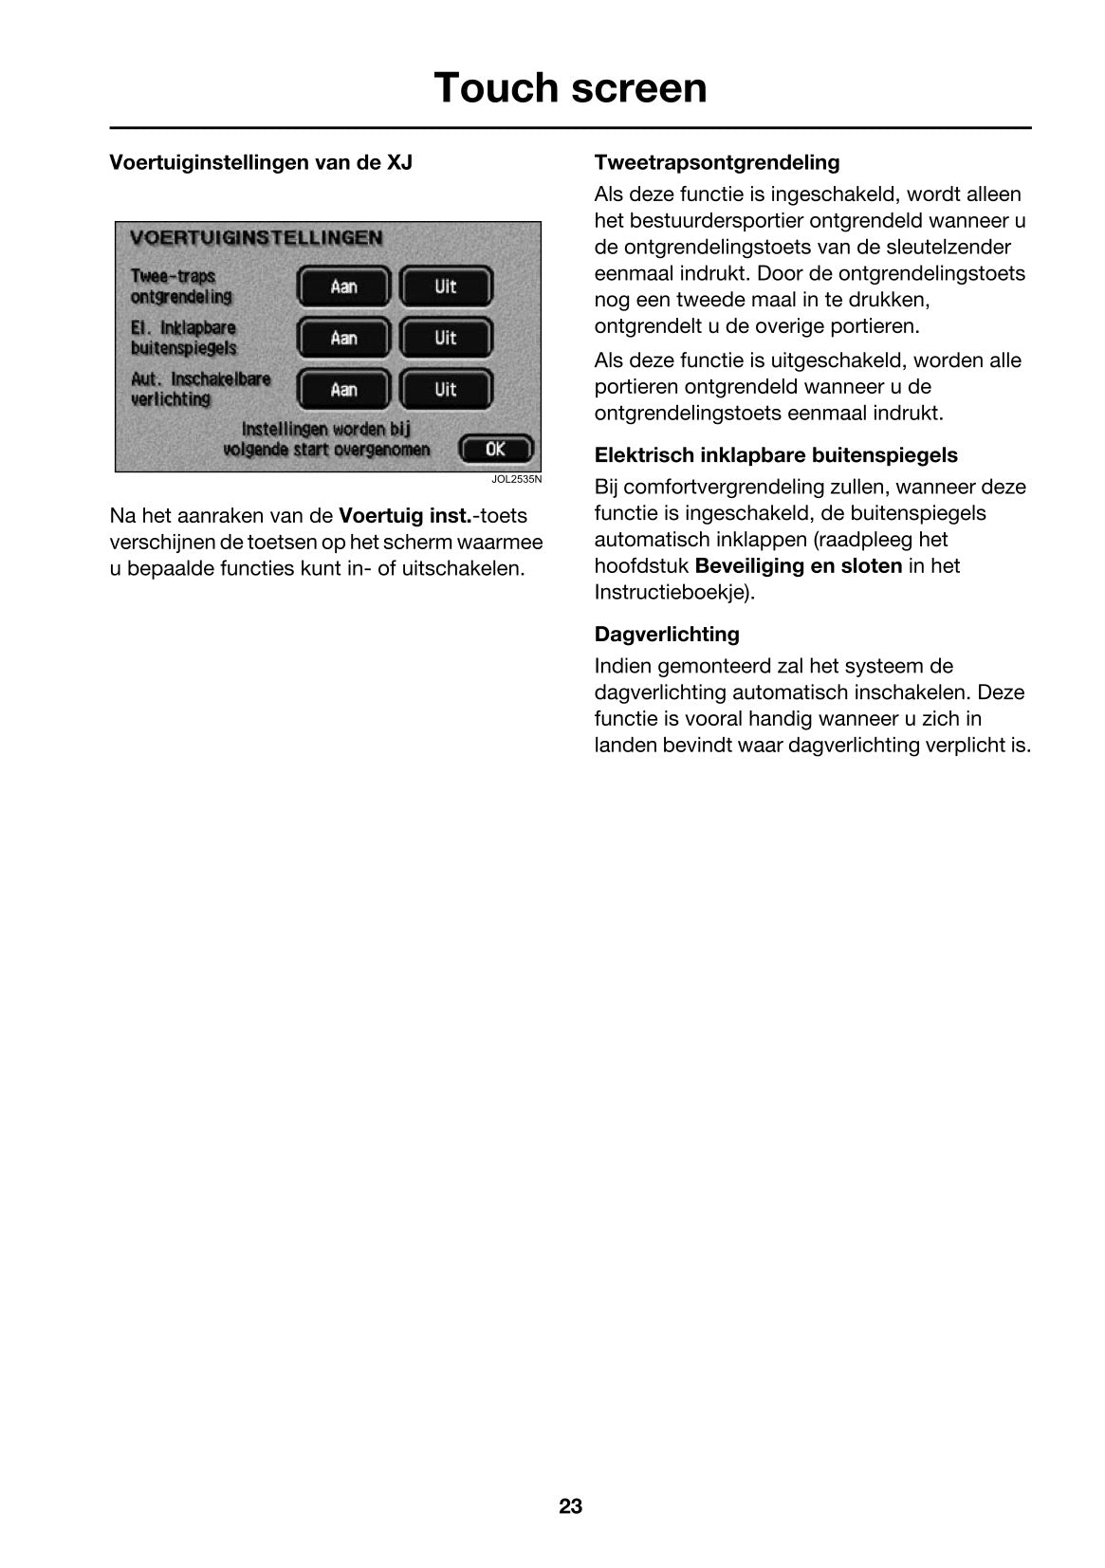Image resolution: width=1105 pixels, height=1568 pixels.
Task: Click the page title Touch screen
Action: click(x=570, y=88)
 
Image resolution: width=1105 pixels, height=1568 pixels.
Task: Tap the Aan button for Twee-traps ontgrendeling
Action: click(x=343, y=286)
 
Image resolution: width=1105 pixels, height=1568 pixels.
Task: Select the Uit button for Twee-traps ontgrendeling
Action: click(x=446, y=286)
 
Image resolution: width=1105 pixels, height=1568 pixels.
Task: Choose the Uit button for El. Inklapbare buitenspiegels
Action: click(x=446, y=338)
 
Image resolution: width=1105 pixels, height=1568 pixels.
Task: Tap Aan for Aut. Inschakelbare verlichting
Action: click(x=343, y=389)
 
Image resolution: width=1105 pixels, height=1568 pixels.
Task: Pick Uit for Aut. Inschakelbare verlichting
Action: click(x=446, y=389)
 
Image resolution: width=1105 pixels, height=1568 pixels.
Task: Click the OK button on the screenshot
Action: click(x=496, y=449)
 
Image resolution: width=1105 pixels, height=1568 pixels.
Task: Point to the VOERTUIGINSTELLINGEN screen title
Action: click(x=256, y=237)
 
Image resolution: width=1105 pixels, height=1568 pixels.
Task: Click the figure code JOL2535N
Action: click(x=516, y=479)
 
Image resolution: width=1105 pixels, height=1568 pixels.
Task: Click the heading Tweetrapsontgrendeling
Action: click(x=716, y=162)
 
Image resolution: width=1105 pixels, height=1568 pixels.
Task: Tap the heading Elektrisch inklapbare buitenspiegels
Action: click(x=776, y=455)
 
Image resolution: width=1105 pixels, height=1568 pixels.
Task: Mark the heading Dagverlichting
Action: click(x=666, y=634)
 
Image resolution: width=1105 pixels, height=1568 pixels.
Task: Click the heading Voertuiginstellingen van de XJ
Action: click(x=261, y=162)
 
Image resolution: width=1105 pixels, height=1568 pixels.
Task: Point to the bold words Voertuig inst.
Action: click(x=405, y=516)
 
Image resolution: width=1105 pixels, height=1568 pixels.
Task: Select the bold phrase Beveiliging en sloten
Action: click(x=799, y=566)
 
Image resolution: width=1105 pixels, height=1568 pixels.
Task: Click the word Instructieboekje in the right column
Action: click(x=671, y=593)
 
